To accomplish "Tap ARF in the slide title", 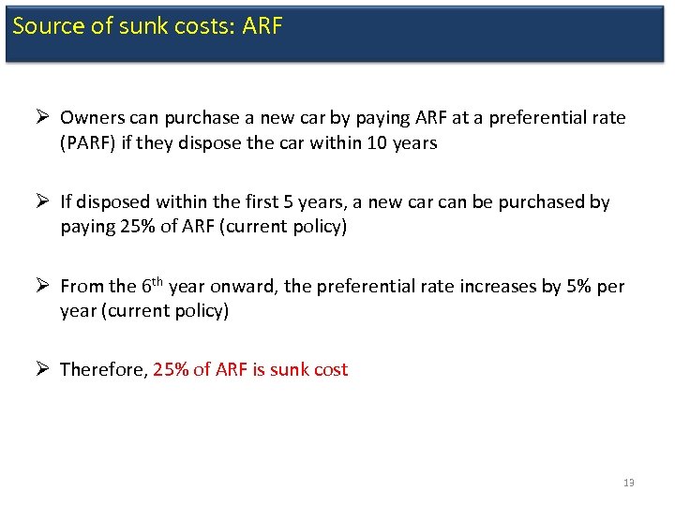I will point(262,25).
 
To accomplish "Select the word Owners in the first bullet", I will point(91,118).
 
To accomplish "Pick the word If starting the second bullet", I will point(67,201).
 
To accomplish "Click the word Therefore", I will point(103,369).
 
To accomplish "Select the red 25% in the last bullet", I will point(170,369).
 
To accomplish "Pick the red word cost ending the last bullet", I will point(330,369).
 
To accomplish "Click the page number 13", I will point(628,483).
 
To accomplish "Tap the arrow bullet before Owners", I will point(43,118).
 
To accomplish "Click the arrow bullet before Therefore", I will point(43,369).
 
